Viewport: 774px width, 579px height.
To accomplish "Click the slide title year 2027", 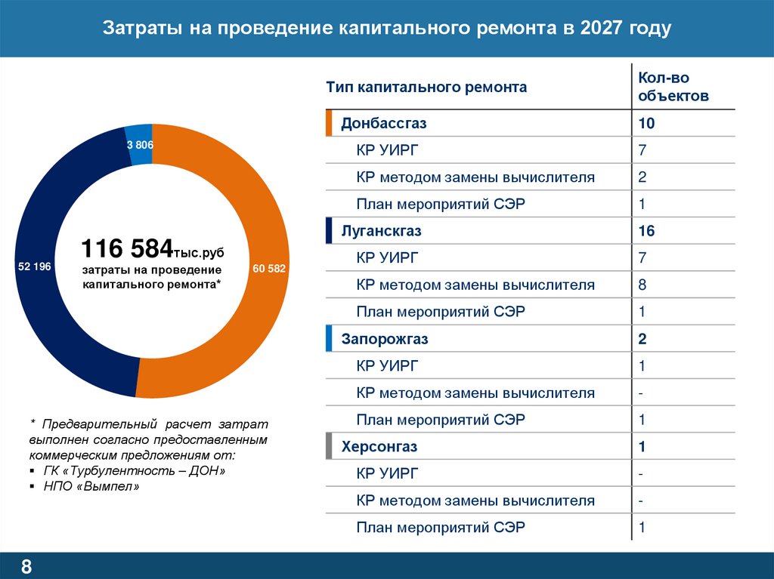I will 603,29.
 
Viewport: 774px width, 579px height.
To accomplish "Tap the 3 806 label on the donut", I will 140,144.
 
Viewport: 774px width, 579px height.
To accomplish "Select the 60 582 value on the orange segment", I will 269,269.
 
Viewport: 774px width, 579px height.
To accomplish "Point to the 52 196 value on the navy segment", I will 33,266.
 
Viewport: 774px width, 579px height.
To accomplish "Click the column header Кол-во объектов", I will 663,87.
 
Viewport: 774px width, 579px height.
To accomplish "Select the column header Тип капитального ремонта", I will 426,88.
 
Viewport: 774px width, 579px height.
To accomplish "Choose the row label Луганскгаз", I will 382,231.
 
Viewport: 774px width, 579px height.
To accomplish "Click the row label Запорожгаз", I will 385,339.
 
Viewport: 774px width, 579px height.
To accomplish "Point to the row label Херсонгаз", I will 379,447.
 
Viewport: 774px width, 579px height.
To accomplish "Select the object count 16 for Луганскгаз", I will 646,231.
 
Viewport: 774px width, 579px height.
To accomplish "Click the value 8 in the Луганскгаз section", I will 642,285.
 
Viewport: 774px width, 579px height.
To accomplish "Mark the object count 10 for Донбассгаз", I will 646,123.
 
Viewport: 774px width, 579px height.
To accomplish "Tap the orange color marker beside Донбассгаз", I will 329,123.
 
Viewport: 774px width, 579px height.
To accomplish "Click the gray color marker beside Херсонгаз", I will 329,447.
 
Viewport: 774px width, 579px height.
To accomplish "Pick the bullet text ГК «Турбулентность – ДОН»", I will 135,470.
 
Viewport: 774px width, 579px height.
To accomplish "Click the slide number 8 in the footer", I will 26,567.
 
